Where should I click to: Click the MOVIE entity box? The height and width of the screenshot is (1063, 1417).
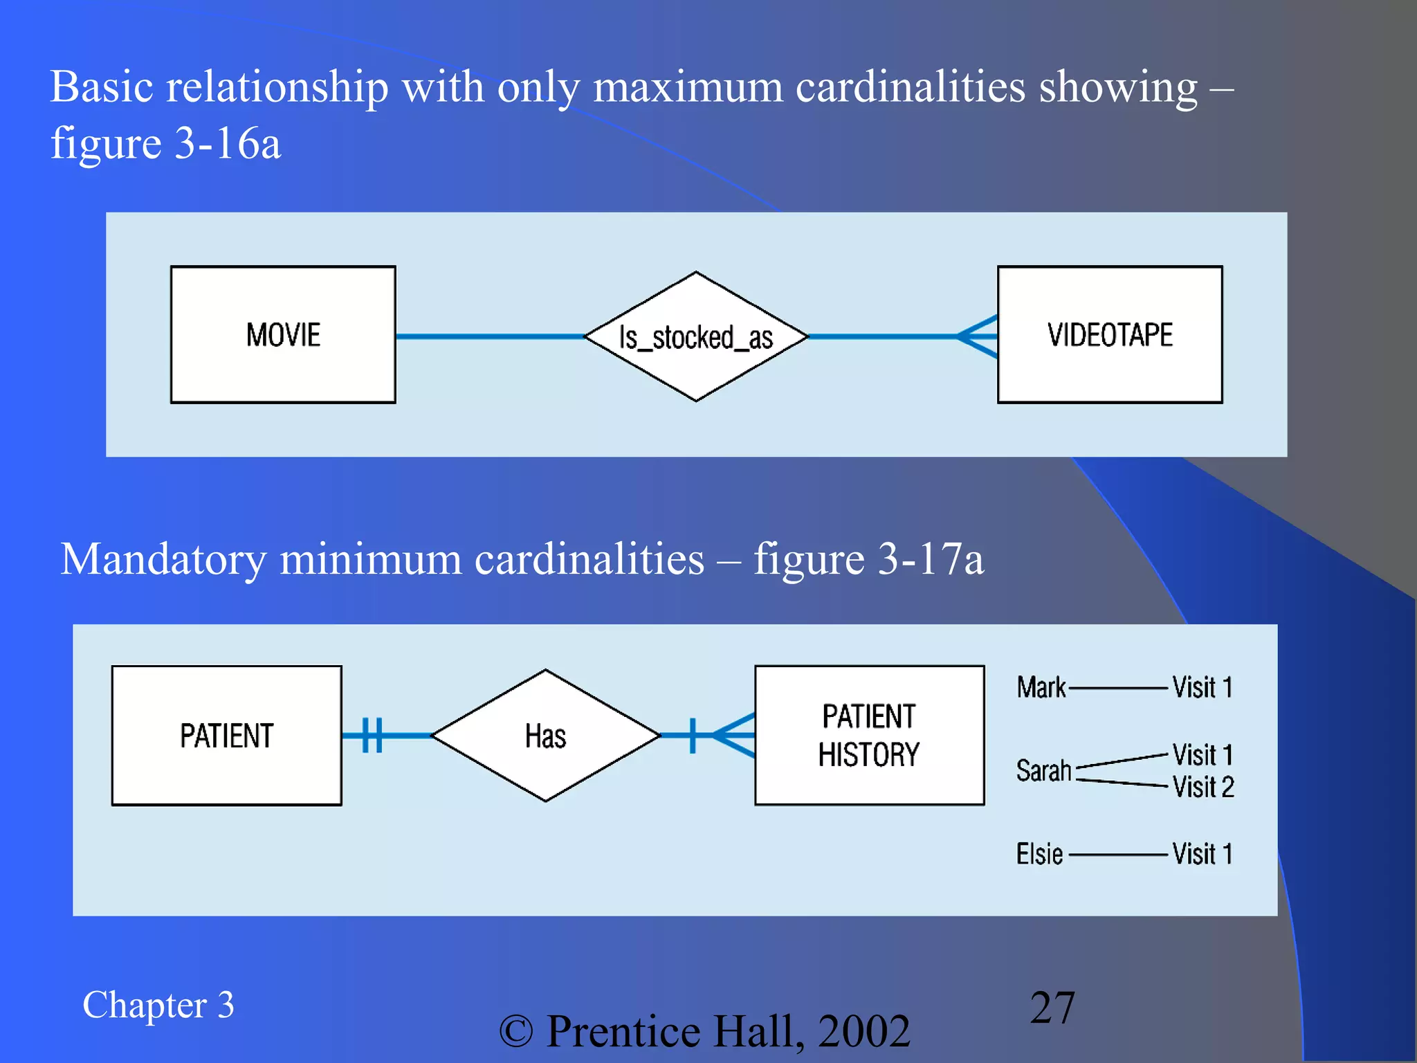pos(283,334)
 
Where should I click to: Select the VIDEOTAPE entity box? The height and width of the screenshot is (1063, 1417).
pos(1109,334)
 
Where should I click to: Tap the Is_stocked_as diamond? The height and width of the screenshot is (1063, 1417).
pos(695,336)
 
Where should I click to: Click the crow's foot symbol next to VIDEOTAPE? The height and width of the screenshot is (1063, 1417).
pos(978,336)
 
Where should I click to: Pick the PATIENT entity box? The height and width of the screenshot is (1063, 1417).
pos(226,735)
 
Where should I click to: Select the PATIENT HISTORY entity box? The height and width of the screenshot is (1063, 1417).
pos(869,735)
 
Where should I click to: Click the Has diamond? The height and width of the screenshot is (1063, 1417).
pos(545,735)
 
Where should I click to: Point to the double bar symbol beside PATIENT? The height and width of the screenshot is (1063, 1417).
pos(372,735)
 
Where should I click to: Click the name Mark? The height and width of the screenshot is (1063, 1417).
pos(1041,688)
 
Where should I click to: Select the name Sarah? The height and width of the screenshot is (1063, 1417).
pos(1043,770)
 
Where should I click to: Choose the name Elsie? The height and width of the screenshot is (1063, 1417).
pos(1039,854)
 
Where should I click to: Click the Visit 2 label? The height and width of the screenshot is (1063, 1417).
pos(1203,788)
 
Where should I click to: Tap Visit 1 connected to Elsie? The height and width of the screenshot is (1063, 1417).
pos(1203,854)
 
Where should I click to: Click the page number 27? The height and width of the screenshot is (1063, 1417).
pos(1052,1008)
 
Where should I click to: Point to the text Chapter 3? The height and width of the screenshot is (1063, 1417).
pos(158,1005)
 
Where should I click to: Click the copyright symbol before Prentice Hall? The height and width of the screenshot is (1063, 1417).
pos(516,1032)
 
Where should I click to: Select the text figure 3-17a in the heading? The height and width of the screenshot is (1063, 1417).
pos(868,559)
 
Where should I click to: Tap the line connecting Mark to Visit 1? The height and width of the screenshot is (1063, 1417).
pos(1118,689)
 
